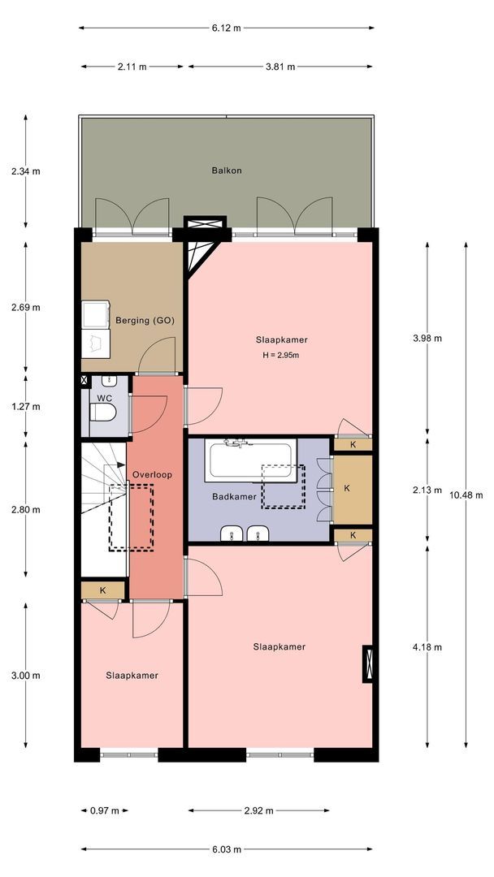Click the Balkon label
pyautogui.click(x=227, y=171)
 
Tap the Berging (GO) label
pyautogui.click(x=145, y=321)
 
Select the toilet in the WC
pyautogui.click(x=103, y=413)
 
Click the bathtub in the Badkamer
pyautogui.click(x=250, y=460)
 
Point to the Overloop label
pyautogui.click(x=152, y=475)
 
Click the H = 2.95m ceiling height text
pyautogui.click(x=282, y=355)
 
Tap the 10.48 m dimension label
pyautogui.click(x=466, y=495)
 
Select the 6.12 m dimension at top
pyautogui.click(x=226, y=28)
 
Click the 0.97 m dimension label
pyautogui.click(x=105, y=810)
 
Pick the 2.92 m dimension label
pyautogui.click(x=259, y=810)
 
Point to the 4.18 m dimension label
pyautogui.click(x=427, y=648)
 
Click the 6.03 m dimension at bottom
pyautogui.click(x=227, y=849)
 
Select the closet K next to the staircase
pyautogui.click(x=103, y=590)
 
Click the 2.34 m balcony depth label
pyautogui.click(x=26, y=171)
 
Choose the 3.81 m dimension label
pyautogui.click(x=280, y=67)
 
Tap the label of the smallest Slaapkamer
pyautogui.click(x=132, y=676)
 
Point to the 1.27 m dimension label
pyautogui.click(x=26, y=407)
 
